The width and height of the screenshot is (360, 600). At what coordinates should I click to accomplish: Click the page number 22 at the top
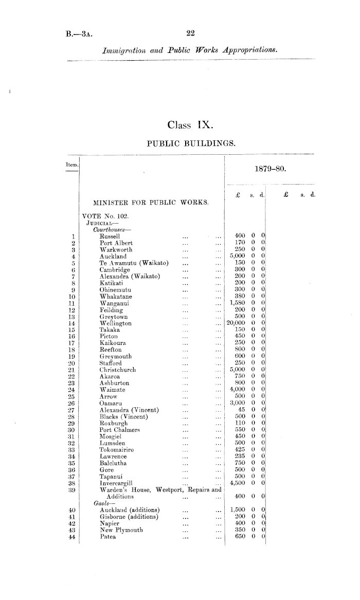[x=190, y=34]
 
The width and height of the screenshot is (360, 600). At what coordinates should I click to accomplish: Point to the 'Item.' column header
[x=69, y=163]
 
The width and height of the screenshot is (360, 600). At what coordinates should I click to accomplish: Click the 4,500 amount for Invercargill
[x=239, y=483]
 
